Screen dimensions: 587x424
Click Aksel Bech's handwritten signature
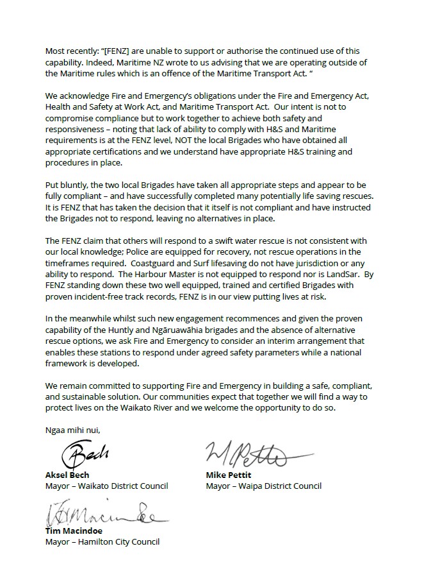[85, 455]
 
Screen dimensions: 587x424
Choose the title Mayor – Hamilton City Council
[102, 541]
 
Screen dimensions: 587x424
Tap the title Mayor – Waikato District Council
[107, 486]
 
